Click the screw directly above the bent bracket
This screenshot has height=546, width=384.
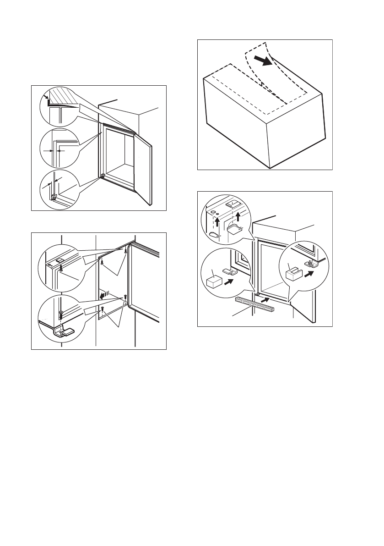pyautogui.click(x=60, y=316)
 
